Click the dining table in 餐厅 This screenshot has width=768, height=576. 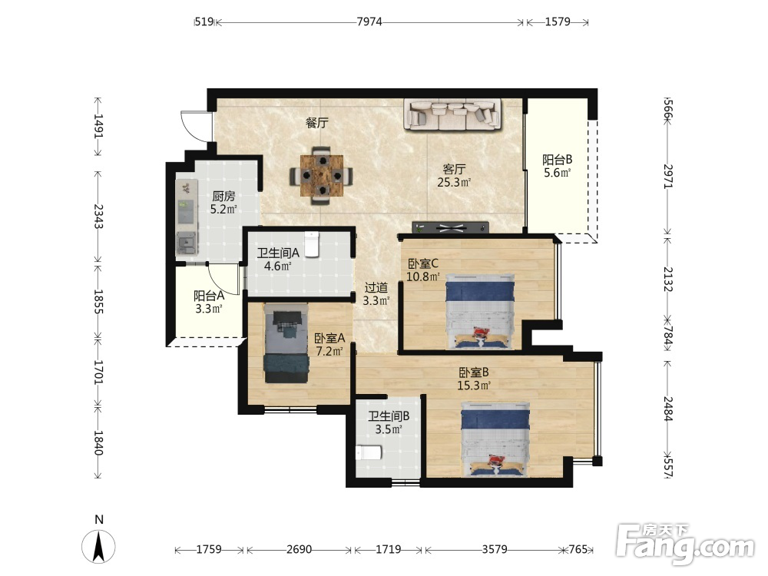coord(321,175)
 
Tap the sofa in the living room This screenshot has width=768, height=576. coord(452,114)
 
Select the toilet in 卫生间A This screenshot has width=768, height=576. coord(312,245)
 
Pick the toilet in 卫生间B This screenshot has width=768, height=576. coord(369,452)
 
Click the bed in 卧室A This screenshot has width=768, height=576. coord(286,343)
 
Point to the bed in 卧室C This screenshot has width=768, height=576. coord(480,312)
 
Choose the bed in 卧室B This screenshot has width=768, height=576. coord(495,439)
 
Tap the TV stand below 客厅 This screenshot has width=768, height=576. coord(451,227)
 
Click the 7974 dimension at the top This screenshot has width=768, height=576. coord(369,22)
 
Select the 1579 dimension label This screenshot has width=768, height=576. coord(558,22)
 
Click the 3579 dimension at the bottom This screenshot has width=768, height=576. coord(494,550)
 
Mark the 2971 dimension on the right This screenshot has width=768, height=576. coord(669,177)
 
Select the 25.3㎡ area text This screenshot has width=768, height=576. coord(454,183)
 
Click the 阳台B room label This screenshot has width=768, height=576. coord(558,160)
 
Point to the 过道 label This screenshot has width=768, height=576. coord(376,288)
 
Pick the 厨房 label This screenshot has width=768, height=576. coord(223,197)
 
